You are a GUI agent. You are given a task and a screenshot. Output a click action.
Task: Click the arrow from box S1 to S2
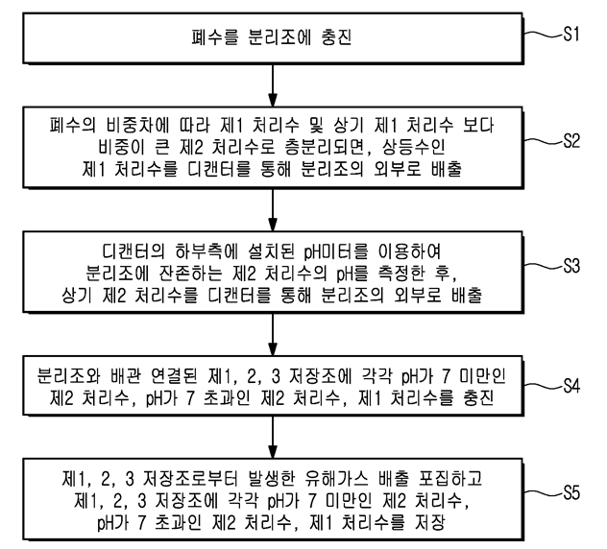coord(275,84)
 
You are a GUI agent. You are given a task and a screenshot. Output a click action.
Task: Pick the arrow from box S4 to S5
coord(275,437)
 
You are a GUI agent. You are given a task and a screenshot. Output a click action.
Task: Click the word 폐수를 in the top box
coord(214,41)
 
